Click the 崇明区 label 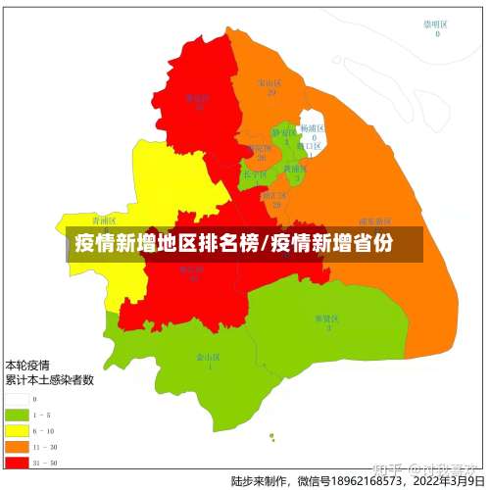pos(435,24)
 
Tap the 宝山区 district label pos(267,83)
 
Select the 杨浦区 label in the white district pos(312,128)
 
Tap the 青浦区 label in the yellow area pos(104,220)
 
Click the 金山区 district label pos(206,358)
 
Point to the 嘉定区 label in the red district pos(199,97)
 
